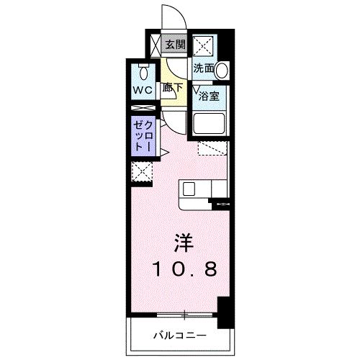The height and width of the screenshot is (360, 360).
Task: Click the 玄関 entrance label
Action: coord(175,45)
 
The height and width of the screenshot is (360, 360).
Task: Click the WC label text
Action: coord(141,92)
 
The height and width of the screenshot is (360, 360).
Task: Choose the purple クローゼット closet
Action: coord(140,135)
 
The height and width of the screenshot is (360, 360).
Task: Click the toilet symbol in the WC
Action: coord(144,72)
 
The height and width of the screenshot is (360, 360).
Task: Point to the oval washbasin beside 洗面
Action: coord(222,70)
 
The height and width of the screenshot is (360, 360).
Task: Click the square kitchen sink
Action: coord(189,189)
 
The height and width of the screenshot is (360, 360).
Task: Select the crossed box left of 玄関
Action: coord(155,45)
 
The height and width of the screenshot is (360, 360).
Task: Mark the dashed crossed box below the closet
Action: coord(141,171)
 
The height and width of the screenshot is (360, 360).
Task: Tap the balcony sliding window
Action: coord(186,315)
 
